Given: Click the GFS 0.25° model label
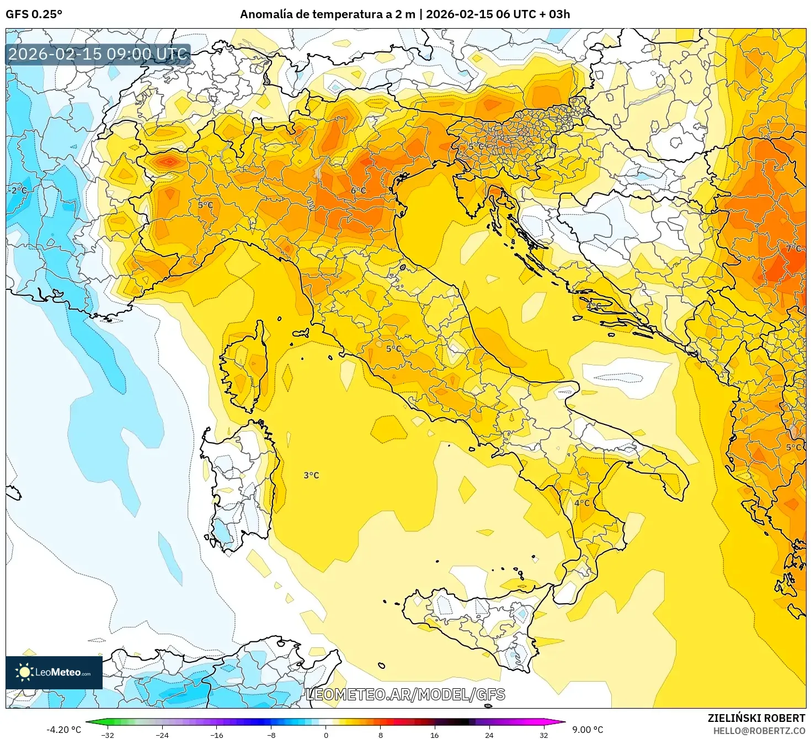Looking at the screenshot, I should pos(34,14).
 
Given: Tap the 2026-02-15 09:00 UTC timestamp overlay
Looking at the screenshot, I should pos(98,54).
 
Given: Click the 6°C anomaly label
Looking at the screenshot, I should pos(358,190).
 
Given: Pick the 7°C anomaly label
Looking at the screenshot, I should pos(793,248).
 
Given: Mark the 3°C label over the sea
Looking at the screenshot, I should pos(311,475).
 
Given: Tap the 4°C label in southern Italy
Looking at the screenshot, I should pos(581,503).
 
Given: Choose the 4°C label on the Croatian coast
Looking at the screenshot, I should pos(594,305).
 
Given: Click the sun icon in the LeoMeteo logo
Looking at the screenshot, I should pos(24,672).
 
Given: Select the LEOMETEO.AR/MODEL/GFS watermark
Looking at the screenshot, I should pos(405,694).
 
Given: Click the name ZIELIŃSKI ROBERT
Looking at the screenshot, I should pos(756,718).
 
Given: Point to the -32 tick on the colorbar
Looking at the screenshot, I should pos(108,735).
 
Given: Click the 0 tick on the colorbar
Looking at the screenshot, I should pos(326,735).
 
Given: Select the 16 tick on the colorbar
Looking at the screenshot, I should pos(435,735).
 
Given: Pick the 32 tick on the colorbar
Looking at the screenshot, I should pos(543,735).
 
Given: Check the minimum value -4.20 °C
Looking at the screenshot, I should pos(63,730).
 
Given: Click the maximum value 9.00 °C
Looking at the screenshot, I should pos(588,730).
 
